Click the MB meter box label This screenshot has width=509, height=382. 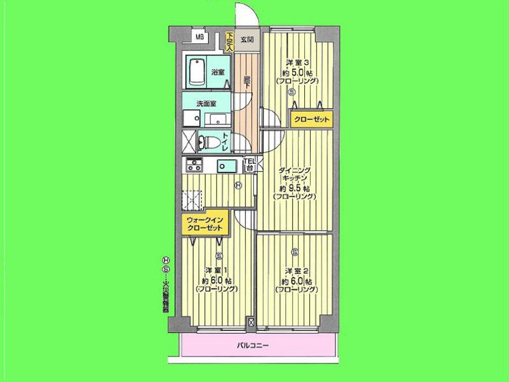(x=200, y=38)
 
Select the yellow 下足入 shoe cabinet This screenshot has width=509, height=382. (x=230, y=42)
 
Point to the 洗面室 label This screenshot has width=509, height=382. (x=206, y=104)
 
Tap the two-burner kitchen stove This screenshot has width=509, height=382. (x=193, y=166)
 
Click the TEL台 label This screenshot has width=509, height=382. (x=249, y=164)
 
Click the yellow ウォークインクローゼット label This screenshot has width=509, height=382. (x=204, y=223)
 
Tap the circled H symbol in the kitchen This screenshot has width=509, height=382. (x=238, y=186)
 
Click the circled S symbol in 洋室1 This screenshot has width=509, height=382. (x=219, y=256)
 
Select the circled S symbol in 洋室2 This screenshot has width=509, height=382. (x=295, y=251)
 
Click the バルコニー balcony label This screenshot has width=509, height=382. (x=253, y=346)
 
